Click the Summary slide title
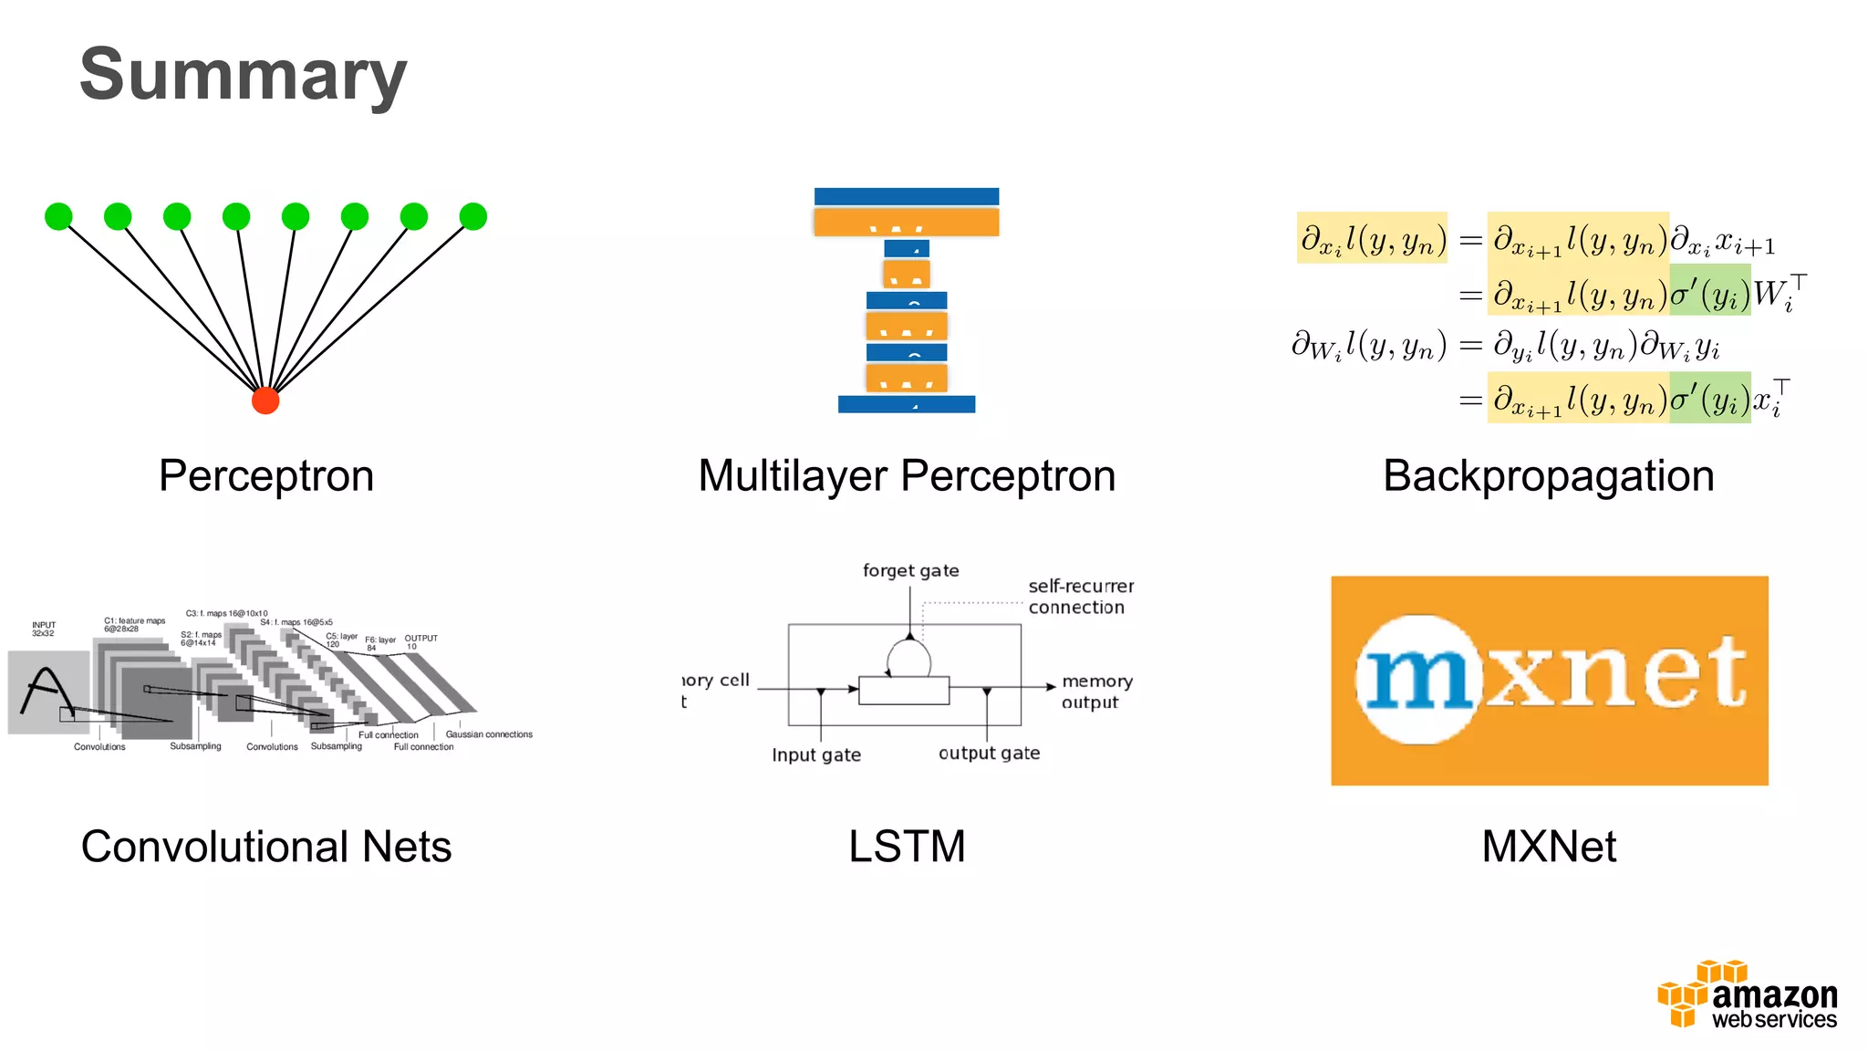[x=243, y=75]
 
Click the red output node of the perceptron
[x=265, y=401]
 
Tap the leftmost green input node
[x=58, y=216]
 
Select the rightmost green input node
[x=472, y=216]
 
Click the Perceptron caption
[x=266, y=475]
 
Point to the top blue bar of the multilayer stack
[x=906, y=196]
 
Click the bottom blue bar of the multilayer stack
[x=906, y=404]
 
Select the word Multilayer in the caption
[x=792, y=475]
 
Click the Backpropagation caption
[x=1548, y=475]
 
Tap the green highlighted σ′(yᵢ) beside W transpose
[x=1709, y=291]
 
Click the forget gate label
[x=910, y=571]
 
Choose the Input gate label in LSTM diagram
[x=815, y=755]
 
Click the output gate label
[x=989, y=754]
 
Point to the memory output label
[x=1096, y=692]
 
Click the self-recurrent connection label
[x=1080, y=597]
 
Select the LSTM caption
[x=906, y=847]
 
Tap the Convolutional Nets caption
[x=266, y=847]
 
